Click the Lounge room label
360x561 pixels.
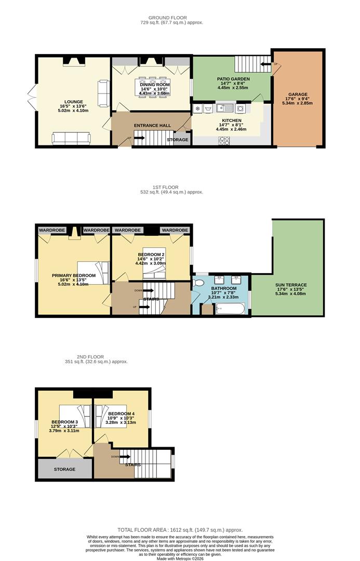[73, 102]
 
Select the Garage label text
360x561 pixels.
[298, 95]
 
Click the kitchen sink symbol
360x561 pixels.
[225, 108]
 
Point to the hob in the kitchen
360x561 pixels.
[224, 141]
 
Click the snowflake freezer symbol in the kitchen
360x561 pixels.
[197, 108]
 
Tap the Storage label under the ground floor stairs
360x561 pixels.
[178, 140]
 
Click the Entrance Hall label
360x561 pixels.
[152, 126]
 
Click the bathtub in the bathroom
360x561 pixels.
[231, 309]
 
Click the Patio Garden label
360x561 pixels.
[233, 79]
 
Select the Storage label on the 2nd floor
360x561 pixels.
[65, 469]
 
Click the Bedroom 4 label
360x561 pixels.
[122, 414]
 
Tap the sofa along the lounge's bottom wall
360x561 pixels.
[71, 139]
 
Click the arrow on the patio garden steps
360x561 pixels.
[265, 64]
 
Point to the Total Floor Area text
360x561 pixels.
[180, 530]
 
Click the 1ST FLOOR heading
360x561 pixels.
[165, 187]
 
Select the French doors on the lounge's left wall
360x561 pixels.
[32, 97]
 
